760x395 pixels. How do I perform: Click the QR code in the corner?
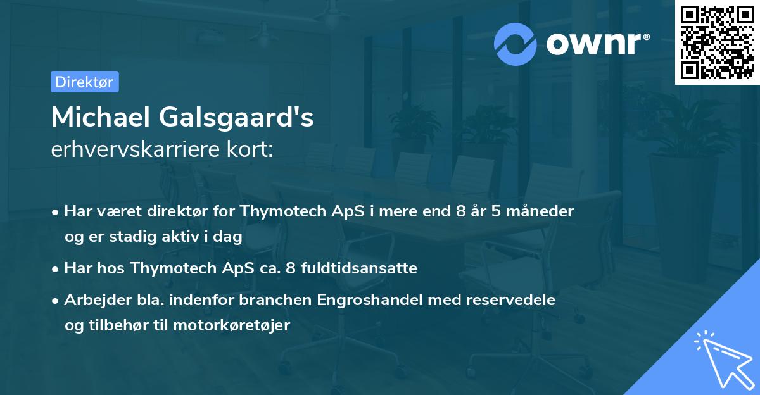tap(717, 42)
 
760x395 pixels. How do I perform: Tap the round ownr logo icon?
tap(516, 44)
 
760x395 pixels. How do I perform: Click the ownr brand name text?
tap(597, 44)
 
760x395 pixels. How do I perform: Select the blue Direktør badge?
tap(84, 82)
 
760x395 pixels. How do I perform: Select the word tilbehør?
tap(118, 325)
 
